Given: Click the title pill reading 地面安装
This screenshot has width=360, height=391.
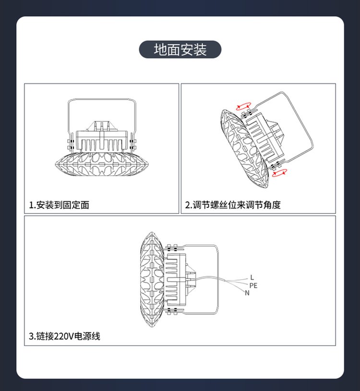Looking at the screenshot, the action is coord(180,49).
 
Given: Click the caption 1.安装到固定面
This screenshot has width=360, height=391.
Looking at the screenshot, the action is coord(59,205).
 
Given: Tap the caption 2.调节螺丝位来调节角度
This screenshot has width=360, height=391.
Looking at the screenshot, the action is coord(233,205).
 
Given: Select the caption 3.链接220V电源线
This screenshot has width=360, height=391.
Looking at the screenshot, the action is coord(65,336).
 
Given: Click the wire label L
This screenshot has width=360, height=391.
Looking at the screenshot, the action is coord(252,277).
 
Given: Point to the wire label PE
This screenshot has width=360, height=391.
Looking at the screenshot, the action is coord(253,285).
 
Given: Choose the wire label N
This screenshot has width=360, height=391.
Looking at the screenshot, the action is coord(247,293).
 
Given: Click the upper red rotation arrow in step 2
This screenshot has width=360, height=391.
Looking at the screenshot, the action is coord(243,106).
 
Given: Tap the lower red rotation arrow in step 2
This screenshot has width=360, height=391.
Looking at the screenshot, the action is coord(279,173).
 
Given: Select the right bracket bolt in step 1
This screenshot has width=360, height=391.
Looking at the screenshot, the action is coord(132,144).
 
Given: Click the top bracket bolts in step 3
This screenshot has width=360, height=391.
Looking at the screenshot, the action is coord(172,248).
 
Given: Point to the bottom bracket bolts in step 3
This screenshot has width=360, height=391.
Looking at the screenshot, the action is coord(172,311).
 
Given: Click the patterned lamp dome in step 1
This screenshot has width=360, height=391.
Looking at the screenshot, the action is coord(102,164).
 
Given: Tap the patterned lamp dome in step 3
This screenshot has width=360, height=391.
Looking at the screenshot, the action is coord(152,279).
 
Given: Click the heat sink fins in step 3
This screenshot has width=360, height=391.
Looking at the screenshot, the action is coord(172,279).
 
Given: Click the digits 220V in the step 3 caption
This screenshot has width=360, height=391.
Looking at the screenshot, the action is coord(64,336).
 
